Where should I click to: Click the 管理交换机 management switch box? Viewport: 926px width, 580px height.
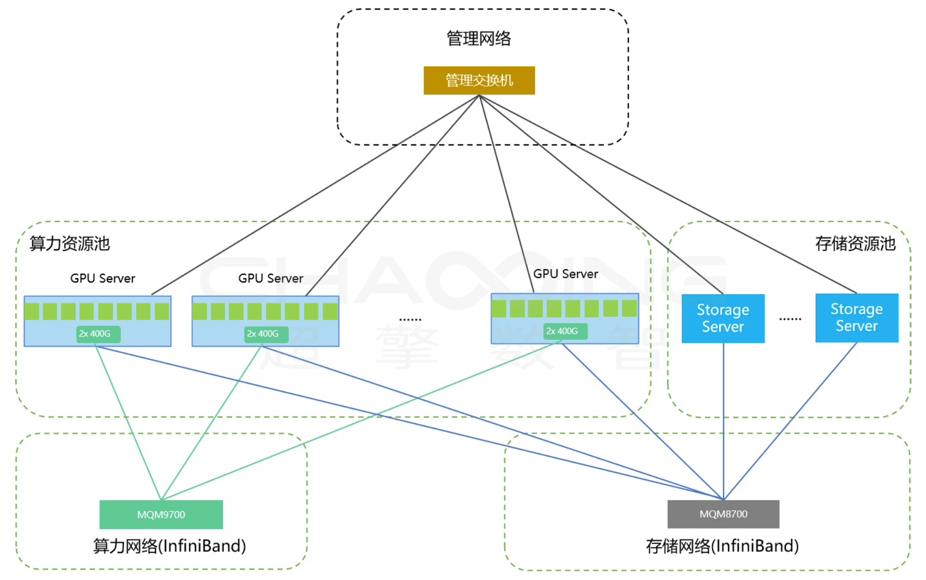pyautogui.click(x=479, y=80)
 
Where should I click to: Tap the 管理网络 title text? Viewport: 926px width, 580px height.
pyautogui.click(x=479, y=38)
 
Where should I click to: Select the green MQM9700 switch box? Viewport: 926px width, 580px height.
pyautogui.click(x=161, y=514)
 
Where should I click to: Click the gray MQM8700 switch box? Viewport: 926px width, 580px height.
pyautogui.click(x=723, y=514)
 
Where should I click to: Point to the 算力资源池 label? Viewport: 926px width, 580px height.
pyautogui.click(x=70, y=243)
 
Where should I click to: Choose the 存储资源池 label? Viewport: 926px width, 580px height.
pyautogui.click(x=855, y=243)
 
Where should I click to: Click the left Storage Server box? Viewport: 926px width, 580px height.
pyautogui.click(x=723, y=318)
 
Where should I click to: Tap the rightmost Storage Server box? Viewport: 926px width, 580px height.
pyautogui.click(x=856, y=318)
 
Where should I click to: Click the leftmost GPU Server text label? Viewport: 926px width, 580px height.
pyautogui.click(x=102, y=278)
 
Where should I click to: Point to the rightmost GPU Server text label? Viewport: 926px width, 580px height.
pyautogui.click(x=565, y=274)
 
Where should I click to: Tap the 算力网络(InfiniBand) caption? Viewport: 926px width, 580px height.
pyautogui.click(x=169, y=546)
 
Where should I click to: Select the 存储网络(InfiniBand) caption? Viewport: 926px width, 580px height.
pyautogui.click(x=722, y=546)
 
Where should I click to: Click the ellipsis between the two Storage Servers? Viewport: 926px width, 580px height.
pyautogui.click(x=790, y=319)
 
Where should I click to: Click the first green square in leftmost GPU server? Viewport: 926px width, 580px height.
pyautogui.click(x=32, y=311)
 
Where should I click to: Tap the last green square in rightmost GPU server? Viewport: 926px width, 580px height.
pyautogui.click(x=629, y=308)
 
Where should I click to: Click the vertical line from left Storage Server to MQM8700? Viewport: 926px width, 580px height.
pyautogui.click(x=724, y=421)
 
